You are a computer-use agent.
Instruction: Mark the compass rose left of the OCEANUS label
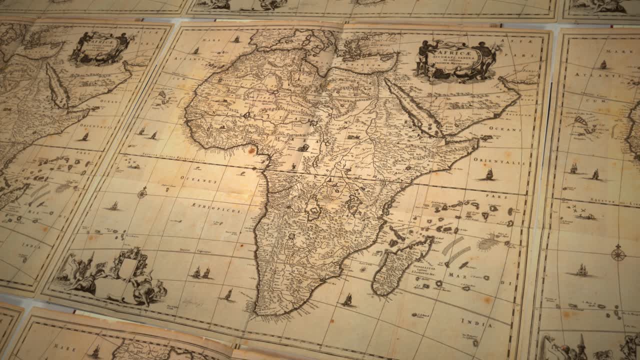[142, 192]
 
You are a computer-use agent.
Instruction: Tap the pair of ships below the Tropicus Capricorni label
[201, 272]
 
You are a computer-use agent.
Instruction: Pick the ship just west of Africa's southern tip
[228, 295]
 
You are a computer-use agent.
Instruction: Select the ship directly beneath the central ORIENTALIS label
[488, 175]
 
